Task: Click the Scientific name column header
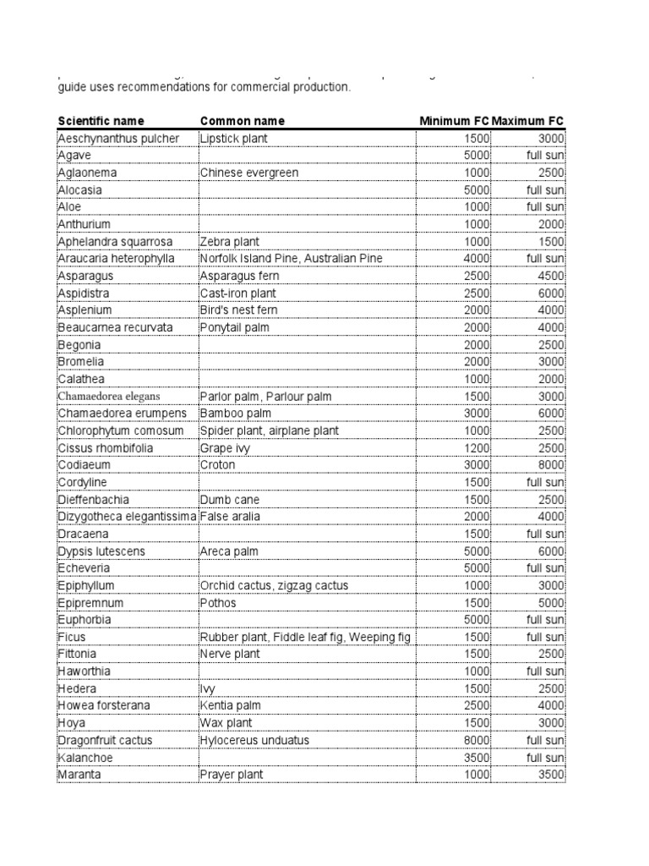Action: click(x=101, y=121)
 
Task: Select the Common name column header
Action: click(x=242, y=121)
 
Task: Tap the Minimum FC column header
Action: click(x=454, y=121)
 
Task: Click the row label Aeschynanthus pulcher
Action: click(x=118, y=139)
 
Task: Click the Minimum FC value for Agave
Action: click(x=477, y=156)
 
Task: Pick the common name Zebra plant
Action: click(x=228, y=242)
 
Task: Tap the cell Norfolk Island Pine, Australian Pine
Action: click(x=292, y=259)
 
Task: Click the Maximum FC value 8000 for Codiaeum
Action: click(x=550, y=465)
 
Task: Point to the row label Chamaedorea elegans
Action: click(x=108, y=397)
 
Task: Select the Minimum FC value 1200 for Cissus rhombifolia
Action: click(x=477, y=448)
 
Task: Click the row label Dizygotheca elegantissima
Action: click(x=127, y=517)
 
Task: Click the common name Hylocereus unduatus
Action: click(x=254, y=741)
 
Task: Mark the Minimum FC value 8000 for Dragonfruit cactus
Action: click(x=477, y=741)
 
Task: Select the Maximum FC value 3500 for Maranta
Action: click(x=550, y=775)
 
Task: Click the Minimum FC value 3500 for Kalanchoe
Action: click(x=477, y=758)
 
